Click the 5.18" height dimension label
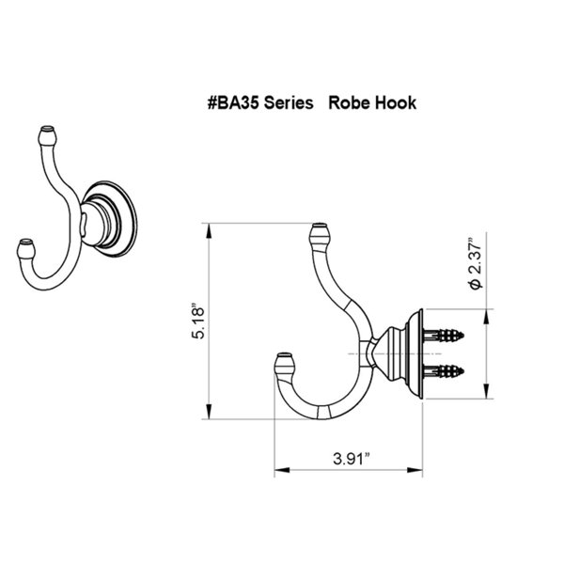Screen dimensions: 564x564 click(198, 322)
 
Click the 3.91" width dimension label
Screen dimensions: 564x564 click(352, 459)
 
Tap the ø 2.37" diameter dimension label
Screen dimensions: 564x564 click(476, 263)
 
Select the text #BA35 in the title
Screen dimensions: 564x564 click(233, 102)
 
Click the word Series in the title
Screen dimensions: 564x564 click(289, 102)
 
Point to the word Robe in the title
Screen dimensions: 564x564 click(350, 102)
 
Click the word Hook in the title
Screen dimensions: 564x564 click(396, 102)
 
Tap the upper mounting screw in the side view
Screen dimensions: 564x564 click(443, 336)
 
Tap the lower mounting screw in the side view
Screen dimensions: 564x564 click(443, 371)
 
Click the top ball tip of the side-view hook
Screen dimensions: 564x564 click(320, 233)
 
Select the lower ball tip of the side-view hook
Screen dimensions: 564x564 click(285, 363)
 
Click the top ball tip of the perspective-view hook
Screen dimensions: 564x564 click(48, 134)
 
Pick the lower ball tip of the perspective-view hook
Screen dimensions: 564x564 click(26, 248)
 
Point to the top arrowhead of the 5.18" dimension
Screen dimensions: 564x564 click(209, 230)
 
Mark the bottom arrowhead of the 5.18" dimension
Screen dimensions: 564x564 click(209, 412)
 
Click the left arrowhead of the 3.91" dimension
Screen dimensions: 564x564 click(282, 470)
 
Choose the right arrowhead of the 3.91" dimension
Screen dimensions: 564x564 click(415, 470)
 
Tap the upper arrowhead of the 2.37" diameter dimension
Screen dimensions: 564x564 click(486, 316)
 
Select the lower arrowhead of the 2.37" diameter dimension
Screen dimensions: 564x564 click(486, 391)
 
